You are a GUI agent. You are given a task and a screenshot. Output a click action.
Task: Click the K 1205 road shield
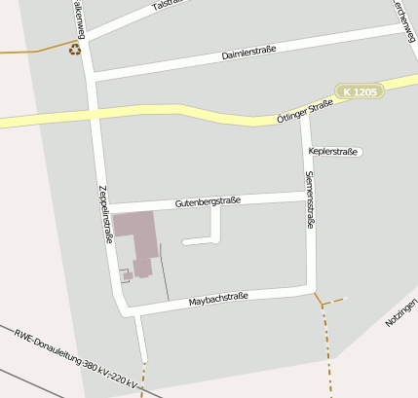click(360, 91)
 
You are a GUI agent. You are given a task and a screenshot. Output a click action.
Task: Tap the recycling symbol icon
click(75, 48)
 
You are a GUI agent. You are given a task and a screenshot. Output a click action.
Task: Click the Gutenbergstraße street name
click(208, 202)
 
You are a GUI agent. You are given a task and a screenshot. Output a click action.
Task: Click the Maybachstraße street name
click(219, 298)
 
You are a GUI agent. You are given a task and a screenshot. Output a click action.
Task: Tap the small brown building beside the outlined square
click(128, 275)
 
